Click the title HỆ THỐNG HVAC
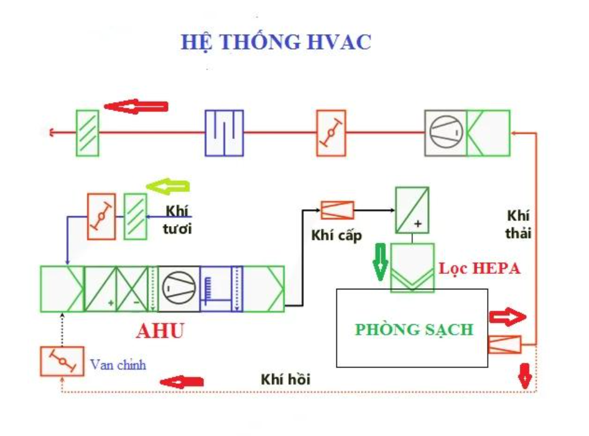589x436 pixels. (276, 42)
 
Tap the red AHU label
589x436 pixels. (160, 331)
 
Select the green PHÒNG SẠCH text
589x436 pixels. (414, 329)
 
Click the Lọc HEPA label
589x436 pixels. (479, 269)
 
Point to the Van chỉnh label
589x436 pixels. (118, 365)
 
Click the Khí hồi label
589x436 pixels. (285, 379)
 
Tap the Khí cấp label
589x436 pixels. (336, 236)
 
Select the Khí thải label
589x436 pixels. (517, 224)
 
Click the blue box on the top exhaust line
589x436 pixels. (224, 132)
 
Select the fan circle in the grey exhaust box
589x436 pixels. (445, 132)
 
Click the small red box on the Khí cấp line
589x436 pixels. (337, 211)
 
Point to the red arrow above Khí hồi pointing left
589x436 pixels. (181, 381)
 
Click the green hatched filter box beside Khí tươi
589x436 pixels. (135, 216)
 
